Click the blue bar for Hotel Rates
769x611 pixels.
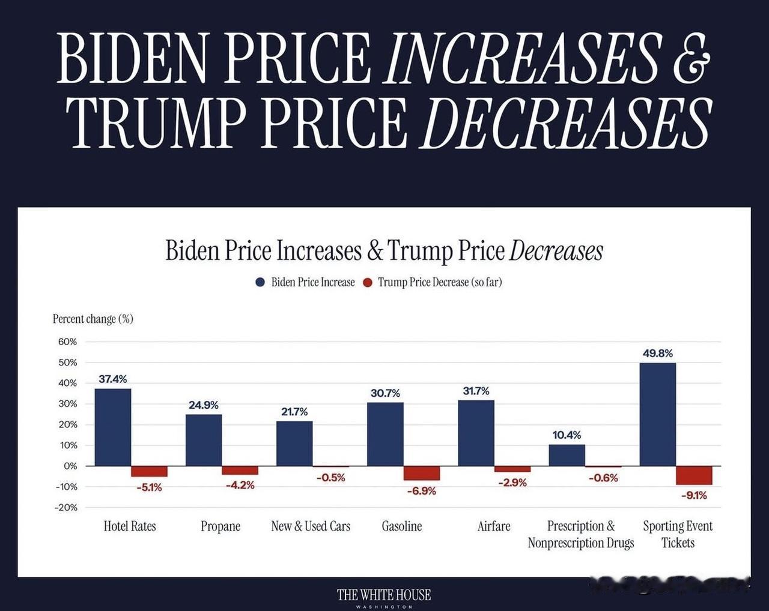pos(113,427)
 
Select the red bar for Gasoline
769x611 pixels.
pos(421,473)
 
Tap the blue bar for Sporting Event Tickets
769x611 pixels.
pos(658,414)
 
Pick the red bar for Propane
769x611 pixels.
pos(240,470)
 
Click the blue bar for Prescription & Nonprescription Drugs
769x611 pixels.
pos(567,455)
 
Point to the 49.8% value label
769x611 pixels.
pos(658,354)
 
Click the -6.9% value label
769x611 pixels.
pos(421,491)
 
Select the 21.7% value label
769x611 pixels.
pos(294,412)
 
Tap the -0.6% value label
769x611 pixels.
pos(603,478)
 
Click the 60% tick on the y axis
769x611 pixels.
pos(67,342)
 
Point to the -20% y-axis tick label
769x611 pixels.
pos(66,507)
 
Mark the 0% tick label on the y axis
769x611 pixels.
pos(70,466)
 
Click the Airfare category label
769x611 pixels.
pos(494,526)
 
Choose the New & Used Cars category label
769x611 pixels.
pos(311,526)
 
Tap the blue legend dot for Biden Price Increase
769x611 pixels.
pos(260,282)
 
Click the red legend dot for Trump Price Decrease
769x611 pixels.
pos(368,282)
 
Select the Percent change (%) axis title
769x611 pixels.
pos(93,319)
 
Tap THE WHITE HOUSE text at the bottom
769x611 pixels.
pos(384,595)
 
